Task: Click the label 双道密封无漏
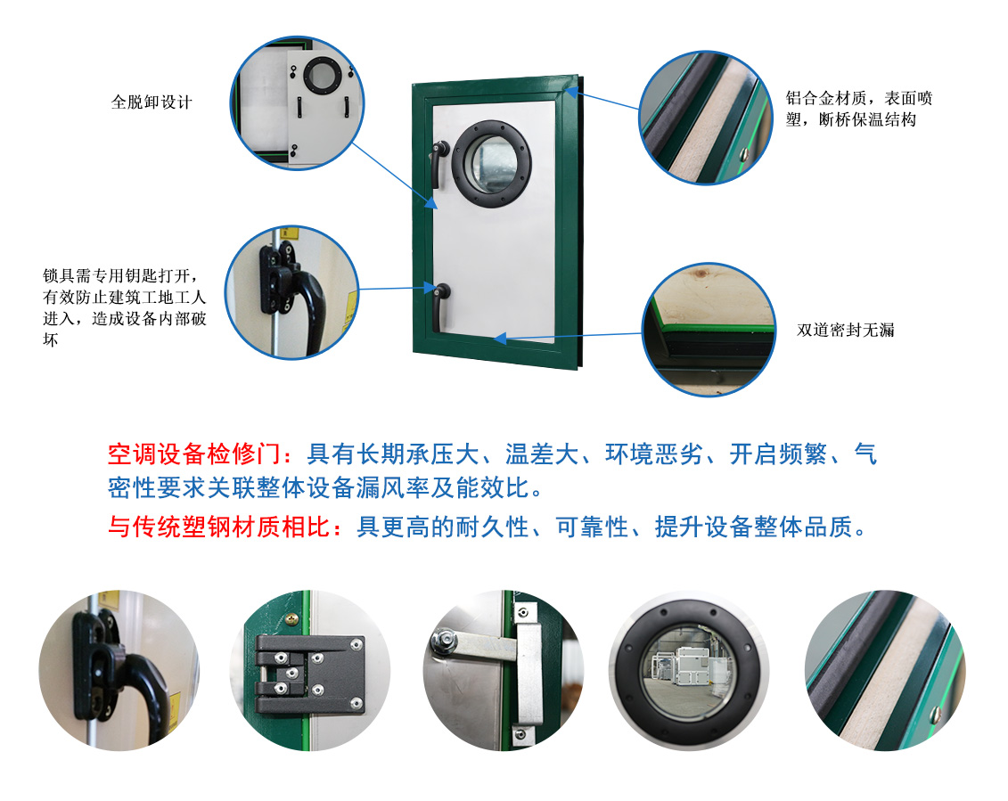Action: point(845,330)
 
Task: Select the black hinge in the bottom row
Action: point(308,674)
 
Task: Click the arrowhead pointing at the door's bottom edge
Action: point(500,339)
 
